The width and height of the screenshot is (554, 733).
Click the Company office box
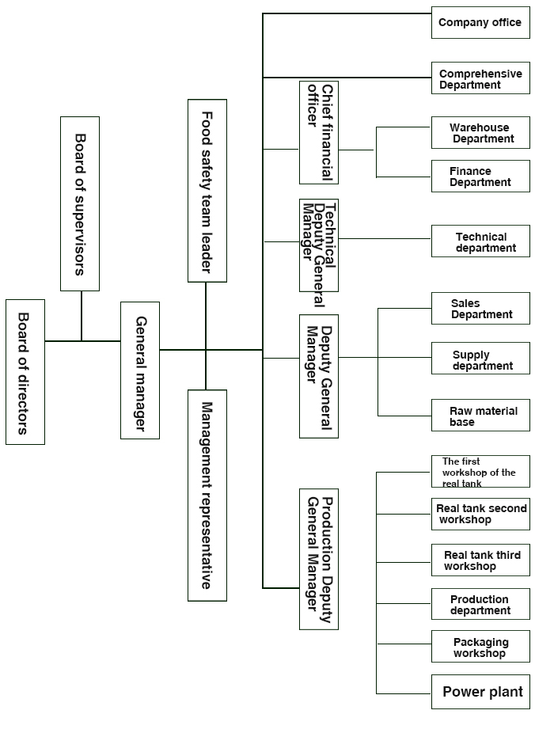[x=480, y=22]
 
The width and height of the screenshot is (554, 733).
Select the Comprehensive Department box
[x=480, y=78]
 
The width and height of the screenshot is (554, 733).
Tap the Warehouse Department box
[x=480, y=133]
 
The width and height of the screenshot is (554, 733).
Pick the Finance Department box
[x=480, y=177]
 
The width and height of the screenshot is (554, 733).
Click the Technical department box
[x=480, y=241]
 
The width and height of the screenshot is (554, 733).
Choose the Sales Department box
[x=480, y=309]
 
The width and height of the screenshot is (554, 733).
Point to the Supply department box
[x=480, y=359]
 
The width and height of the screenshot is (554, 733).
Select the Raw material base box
[x=480, y=416]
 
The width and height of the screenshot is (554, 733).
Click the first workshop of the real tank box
[x=480, y=472]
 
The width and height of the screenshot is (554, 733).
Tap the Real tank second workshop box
[x=480, y=515]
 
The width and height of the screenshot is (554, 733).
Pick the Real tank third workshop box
[x=480, y=560]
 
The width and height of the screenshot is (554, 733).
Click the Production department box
[x=480, y=604]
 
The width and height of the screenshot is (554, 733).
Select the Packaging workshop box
[x=480, y=647]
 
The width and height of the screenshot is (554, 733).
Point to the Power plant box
[x=480, y=691]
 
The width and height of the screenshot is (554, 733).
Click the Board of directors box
[x=25, y=372]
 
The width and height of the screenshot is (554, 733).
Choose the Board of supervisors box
[x=80, y=204]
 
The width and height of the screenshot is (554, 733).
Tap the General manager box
[x=140, y=370]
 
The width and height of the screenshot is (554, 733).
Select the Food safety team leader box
[x=207, y=191]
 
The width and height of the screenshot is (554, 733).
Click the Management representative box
[x=207, y=495]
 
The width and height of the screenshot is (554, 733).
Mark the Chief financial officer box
[x=319, y=132]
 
